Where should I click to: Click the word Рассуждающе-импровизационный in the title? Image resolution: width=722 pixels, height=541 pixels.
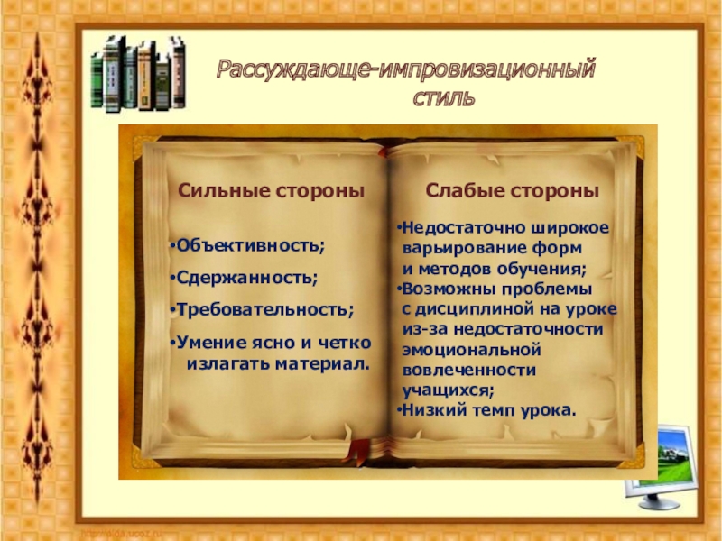(404, 69)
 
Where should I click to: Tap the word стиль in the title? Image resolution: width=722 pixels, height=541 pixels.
(443, 96)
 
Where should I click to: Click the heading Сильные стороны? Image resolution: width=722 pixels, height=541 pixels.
(271, 191)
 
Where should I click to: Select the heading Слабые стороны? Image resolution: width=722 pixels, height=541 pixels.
(513, 191)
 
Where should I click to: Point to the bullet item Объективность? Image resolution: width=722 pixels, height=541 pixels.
(250, 246)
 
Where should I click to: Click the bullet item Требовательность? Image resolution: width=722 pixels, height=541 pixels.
(264, 309)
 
